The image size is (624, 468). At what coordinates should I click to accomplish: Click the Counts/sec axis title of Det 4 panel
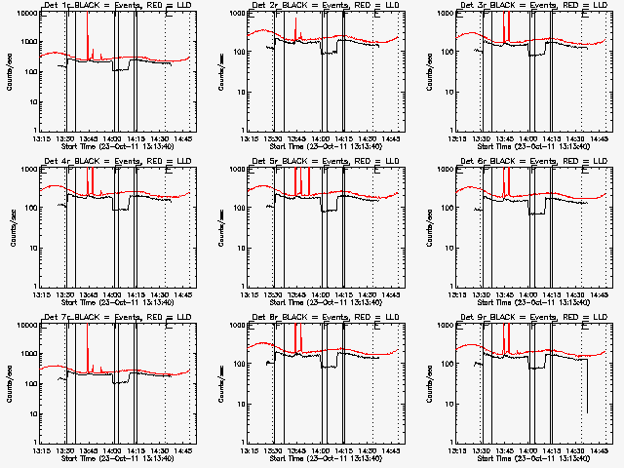(x=13, y=226)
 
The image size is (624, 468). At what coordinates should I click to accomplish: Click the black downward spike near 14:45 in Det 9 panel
(x=586, y=390)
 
